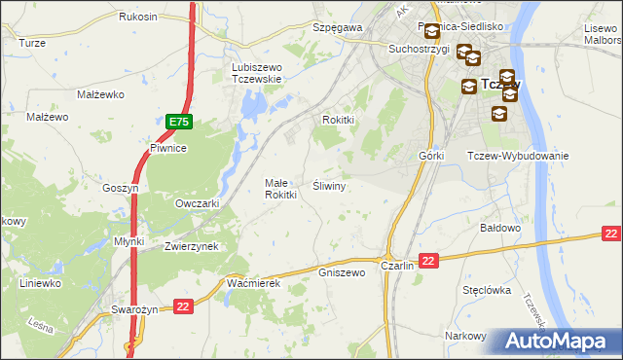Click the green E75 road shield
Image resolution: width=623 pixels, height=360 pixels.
pyautogui.click(x=178, y=122)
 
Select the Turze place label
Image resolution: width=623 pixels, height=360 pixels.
pyautogui.click(x=32, y=43)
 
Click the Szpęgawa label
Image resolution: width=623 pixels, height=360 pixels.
pyautogui.click(x=337, y=28)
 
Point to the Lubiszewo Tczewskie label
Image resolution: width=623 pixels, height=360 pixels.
pyautogui.click(x=256, y=73)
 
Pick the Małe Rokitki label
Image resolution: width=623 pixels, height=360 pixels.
pyautogui.click(x=281, y=189)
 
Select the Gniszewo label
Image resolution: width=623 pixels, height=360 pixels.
pyautogui.click(x=342, y=272)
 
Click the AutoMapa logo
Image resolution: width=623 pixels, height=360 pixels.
pyautogui.click(x=562, y=341)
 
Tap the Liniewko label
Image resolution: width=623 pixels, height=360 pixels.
pyautogui.click(x=41, y=283)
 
